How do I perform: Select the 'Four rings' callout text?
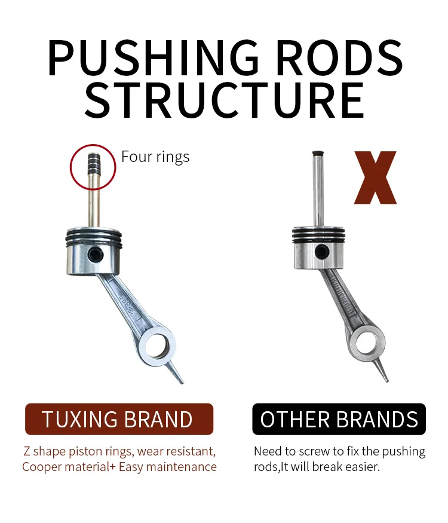[155, 157]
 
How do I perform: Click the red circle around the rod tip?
[93, 166]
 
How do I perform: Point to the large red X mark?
[375, 178]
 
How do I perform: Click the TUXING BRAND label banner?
[119, 419]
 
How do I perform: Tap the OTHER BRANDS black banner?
[339, 419]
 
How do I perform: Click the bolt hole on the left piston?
[95, 256]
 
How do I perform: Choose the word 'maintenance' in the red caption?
[182, 467]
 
